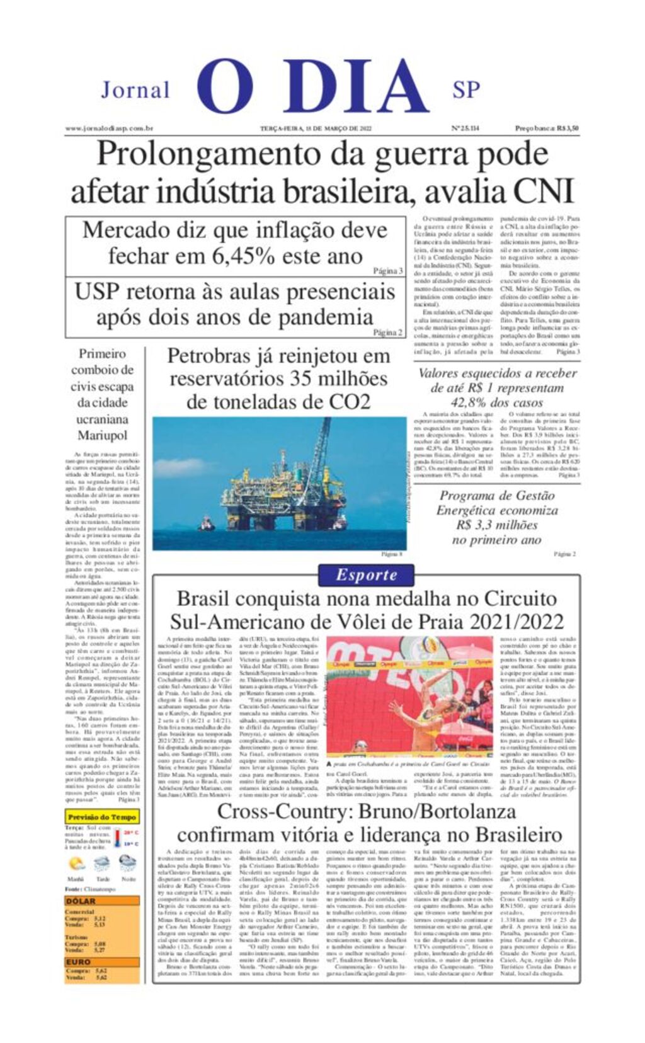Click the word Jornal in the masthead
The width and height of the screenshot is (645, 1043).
(x=135, y=90)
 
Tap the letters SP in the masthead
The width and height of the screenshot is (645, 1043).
(x=466, y=90)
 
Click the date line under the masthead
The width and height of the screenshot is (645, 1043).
(x=316, y=128)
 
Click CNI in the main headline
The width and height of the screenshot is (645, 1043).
(x=544, y=191)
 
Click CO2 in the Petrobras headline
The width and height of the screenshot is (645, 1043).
(x=349, y=401)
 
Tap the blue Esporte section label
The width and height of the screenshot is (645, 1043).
(x=366, y=574)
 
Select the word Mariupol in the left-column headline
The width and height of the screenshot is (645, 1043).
(x=102, y=435)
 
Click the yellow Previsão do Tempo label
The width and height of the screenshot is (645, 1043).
(x=101, y=817)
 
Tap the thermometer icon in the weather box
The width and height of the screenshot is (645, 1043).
(x=118, y=838)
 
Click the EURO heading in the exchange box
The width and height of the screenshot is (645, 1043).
(x=79, y=962)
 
